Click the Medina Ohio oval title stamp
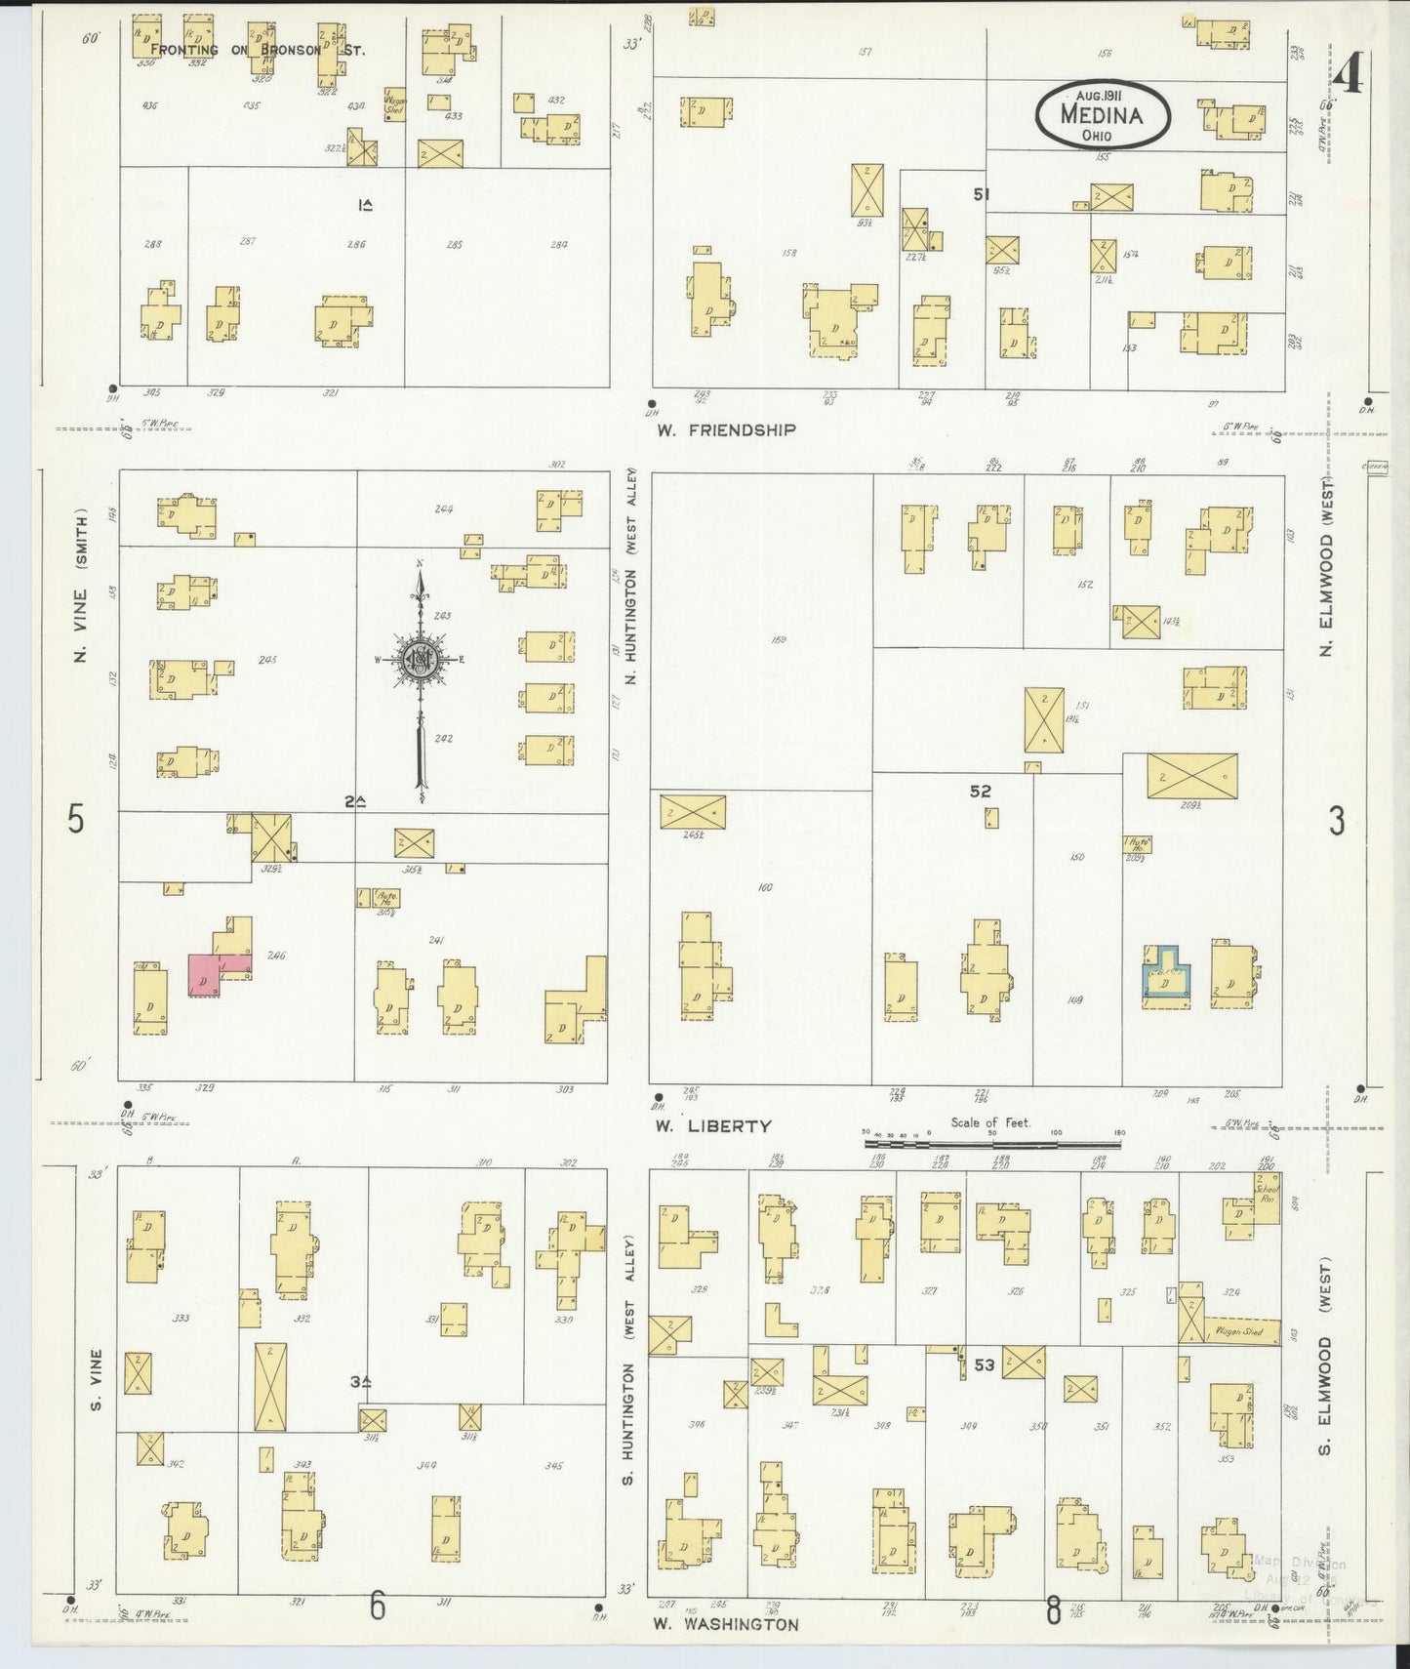pos(1103,114)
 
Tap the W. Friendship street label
pos(726,429)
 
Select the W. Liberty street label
pos(712,1125)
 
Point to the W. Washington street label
pos(726,1624)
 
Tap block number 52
pos(980,792)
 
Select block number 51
pos(981,194)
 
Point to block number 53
pos(984,1364)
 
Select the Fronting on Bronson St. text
pos(258,49)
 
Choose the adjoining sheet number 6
pos(378,1606)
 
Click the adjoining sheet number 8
pos(1053,1609)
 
